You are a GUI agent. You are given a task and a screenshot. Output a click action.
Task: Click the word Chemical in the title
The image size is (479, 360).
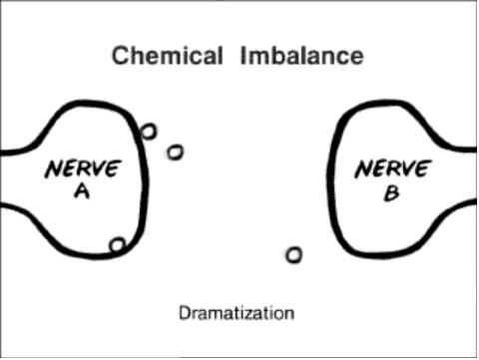point(167,56)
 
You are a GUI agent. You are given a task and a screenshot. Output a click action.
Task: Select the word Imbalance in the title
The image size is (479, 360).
point(301,56)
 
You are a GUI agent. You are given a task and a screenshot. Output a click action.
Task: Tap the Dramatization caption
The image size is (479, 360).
point(237,313)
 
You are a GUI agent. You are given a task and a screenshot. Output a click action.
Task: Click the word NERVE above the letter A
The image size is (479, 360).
point(83,169)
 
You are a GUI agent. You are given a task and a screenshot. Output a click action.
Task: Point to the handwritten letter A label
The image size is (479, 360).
point(82,191)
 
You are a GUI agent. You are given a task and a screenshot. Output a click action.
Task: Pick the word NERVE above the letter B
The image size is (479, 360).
point(393,169)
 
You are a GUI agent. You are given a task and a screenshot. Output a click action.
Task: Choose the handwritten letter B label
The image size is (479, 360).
point(392,193)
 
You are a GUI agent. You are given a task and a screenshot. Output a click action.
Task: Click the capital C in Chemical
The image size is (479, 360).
point(121,56)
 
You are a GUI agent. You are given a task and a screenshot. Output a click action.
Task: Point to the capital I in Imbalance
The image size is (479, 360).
point(242,56)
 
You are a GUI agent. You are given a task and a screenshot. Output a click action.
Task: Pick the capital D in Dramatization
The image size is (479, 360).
point(185,313)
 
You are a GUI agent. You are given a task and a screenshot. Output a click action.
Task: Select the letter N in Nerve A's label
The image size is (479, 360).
point(54,170)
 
